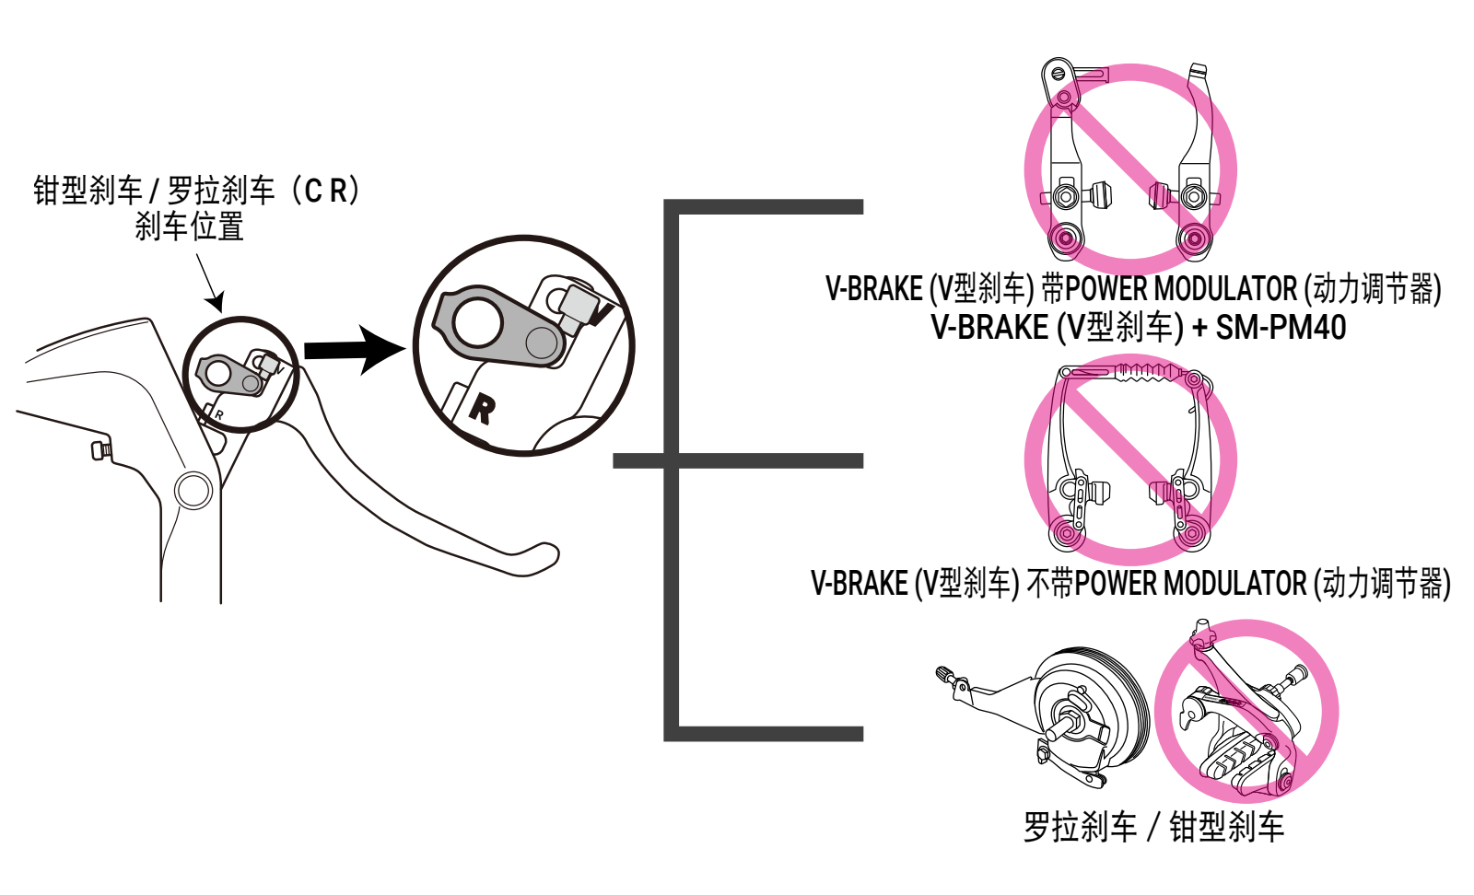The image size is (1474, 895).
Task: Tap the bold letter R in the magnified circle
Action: click(x=480, y=408)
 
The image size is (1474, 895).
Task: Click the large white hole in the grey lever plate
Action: click(x=476, y=322)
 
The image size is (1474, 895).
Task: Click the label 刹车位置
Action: click(x=189, y=227)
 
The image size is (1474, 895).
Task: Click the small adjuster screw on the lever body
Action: click(x=100, y=450)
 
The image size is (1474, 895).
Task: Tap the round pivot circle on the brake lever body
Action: click(x=193, y=491)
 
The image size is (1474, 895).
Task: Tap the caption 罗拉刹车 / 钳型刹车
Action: click(x=1153, y=827)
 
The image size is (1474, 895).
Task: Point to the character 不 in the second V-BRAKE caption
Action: click(x=1037, y=583)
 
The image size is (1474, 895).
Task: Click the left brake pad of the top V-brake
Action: click(x=1100, y=195)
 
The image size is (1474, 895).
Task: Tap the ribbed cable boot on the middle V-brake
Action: click(x=1146, y=371)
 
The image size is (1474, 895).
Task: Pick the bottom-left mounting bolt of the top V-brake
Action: click(x=1066, y=239)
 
